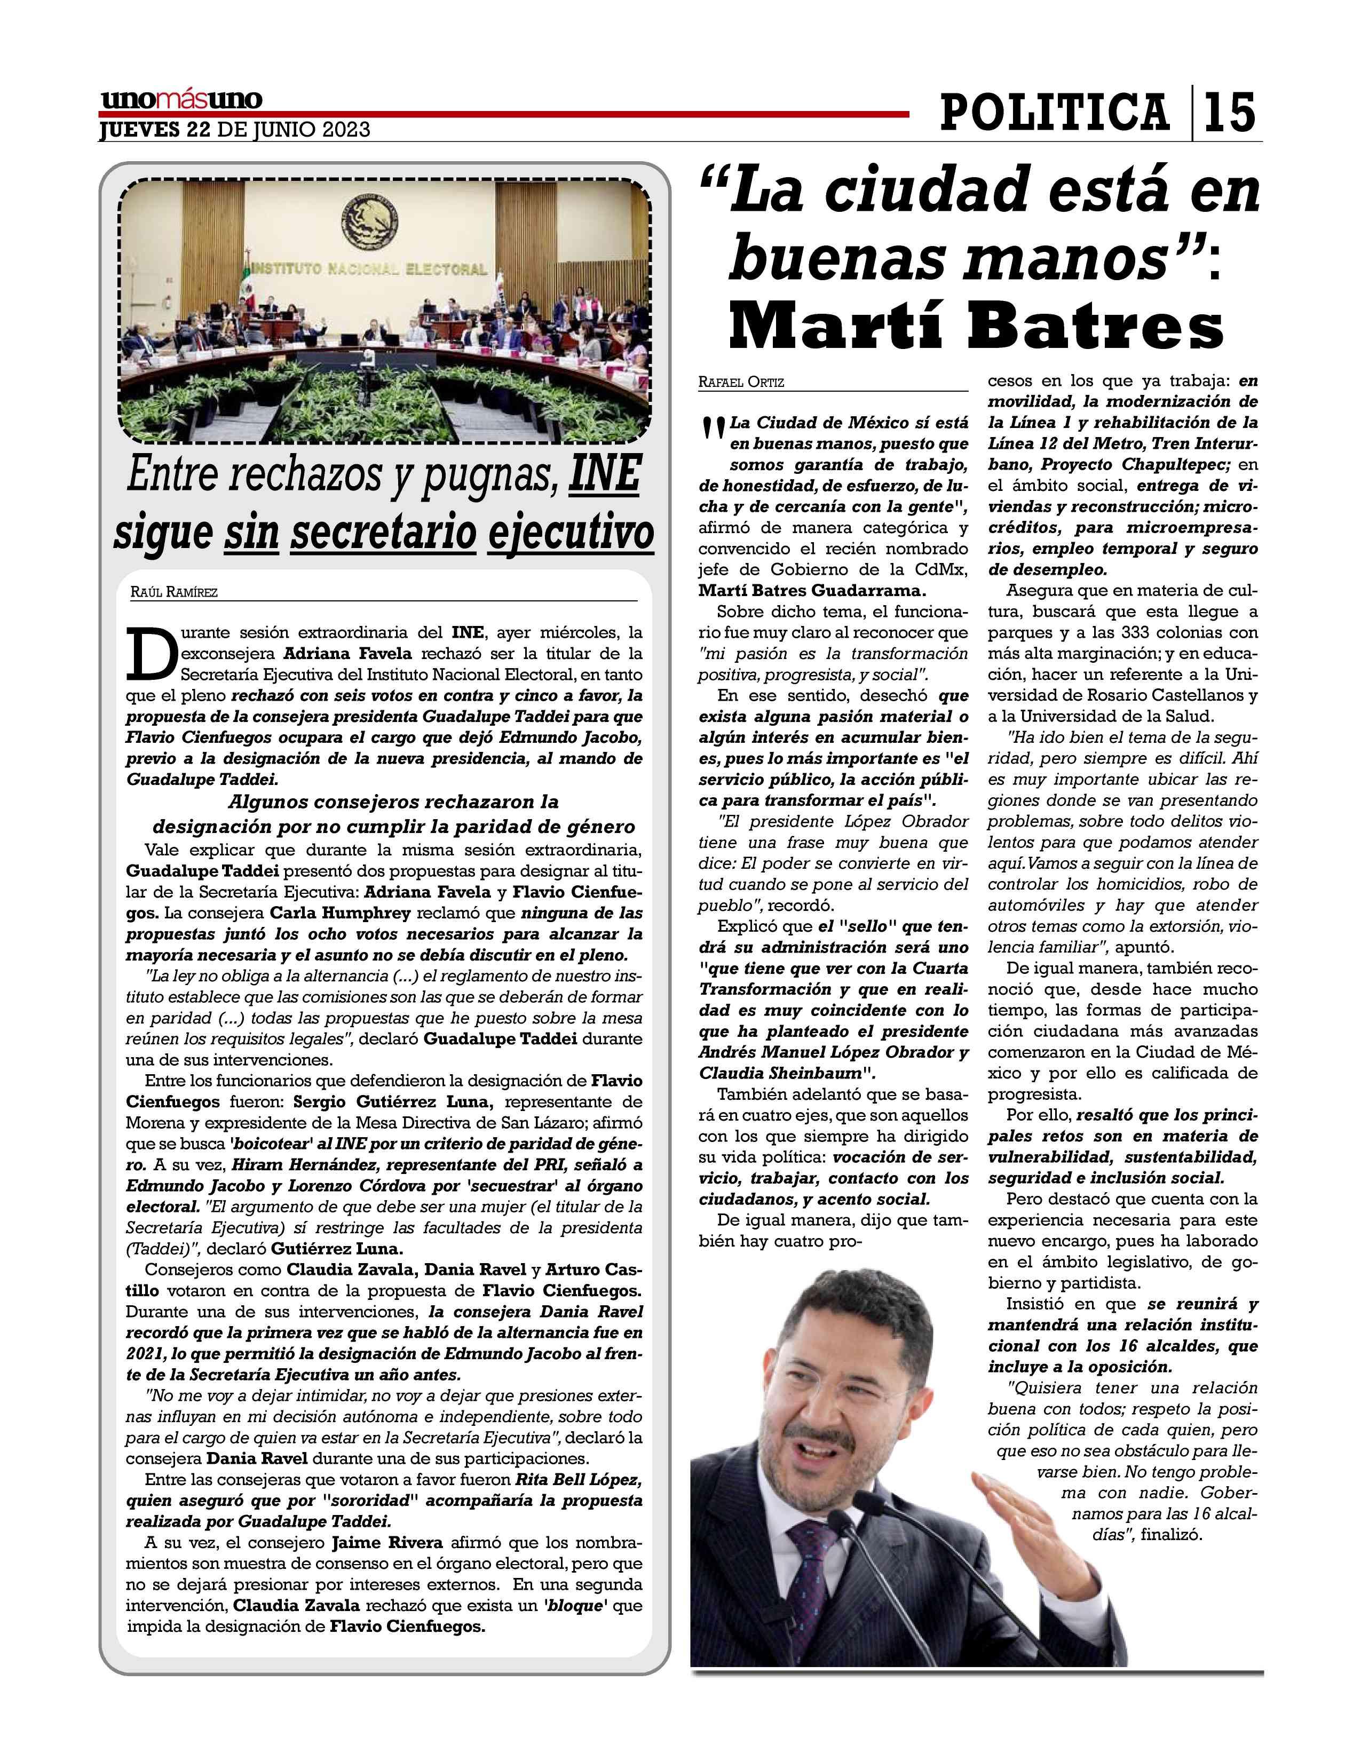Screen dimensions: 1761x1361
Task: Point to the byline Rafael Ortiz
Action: (x=741, y=382)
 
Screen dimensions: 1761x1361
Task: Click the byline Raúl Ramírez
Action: (x=173, y=593)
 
